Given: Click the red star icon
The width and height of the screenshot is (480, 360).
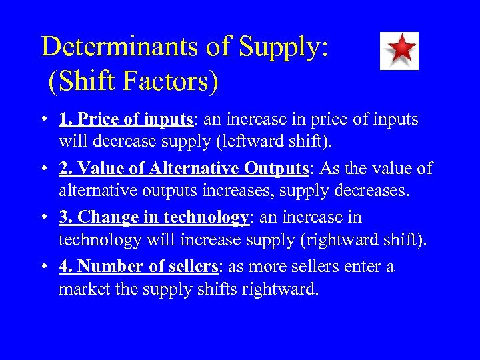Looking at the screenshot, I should tap(399, 51).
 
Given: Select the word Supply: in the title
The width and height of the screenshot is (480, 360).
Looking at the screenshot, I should tap(283, 47).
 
